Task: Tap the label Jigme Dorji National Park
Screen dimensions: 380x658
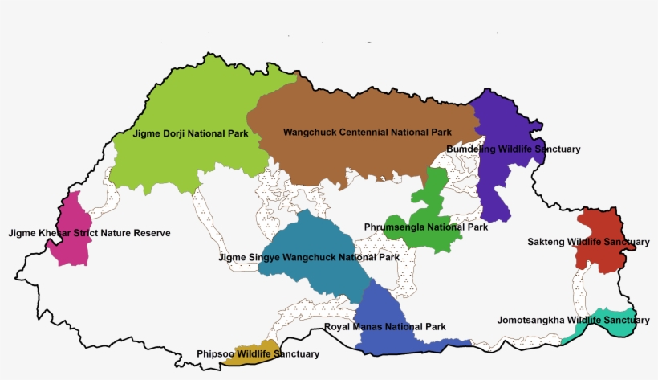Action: point(190,134)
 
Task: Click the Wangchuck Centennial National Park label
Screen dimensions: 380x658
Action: point(368,132)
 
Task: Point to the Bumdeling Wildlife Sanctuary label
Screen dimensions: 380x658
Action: point(513,149)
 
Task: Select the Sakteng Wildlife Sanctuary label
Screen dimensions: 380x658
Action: point(588,242)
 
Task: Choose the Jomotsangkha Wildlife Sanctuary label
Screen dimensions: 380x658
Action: point(573,320)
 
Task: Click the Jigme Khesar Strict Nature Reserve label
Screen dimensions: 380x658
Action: point(89,234)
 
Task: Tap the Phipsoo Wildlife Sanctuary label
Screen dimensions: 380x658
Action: point(258,354)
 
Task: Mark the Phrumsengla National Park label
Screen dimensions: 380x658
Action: point(425,227)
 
